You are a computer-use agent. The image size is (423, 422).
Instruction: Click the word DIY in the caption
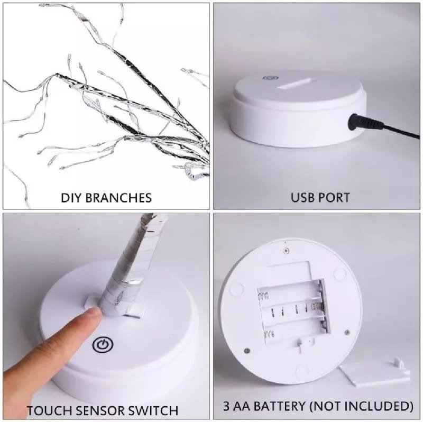71,197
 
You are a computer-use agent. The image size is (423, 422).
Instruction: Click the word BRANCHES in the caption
118,197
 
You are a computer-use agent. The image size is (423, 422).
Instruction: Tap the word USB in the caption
302,197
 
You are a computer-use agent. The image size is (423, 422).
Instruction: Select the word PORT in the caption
334,197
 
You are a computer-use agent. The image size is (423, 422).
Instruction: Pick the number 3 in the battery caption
227,406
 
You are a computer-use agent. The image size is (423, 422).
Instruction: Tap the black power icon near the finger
103,345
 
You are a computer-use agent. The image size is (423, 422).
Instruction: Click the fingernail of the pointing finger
94,313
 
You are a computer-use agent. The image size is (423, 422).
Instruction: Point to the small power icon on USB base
270,78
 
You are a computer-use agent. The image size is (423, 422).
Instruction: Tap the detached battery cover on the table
375,373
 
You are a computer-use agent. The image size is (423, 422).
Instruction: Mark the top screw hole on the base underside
286,251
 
